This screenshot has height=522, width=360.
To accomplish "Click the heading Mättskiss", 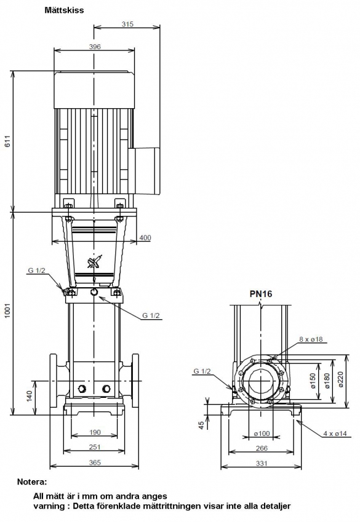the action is (64, 10).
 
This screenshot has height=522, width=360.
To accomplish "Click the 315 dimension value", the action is (127, 24).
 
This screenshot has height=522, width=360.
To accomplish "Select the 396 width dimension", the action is (95, 47).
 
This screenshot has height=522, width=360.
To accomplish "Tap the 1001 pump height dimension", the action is (7, 310).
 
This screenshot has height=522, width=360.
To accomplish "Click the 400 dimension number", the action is (145, 238).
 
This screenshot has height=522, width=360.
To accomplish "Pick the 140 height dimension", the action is (30, 396).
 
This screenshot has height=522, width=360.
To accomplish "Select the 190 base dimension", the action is (95, 432).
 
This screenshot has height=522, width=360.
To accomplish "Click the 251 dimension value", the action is (95, 447).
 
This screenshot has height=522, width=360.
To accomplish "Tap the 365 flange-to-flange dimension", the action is (95, 462).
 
